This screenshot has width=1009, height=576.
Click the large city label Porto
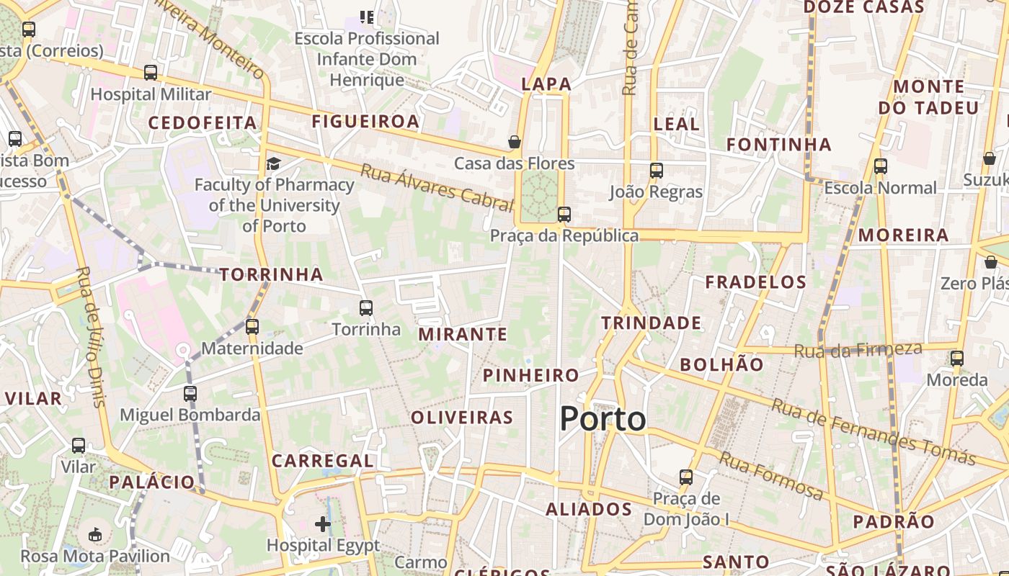pyautogui.click(x=603, y=419)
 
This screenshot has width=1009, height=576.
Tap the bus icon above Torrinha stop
pyautogui.click(x=366, y=308)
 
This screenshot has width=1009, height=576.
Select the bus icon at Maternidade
pyautogui.click(x=252, y=326)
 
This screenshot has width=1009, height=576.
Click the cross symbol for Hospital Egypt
pyautogui.click(x=323, y=523)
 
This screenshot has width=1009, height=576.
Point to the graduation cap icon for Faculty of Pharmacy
pyautogui.click(x=273, y=163)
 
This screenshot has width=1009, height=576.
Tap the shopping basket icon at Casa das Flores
pyautogui.click(x=515, y=142)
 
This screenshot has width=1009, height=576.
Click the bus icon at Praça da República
pyautogui.click(x=564, y=214)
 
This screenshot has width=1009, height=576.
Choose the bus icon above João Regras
pyautogui.click(x=656, y=171)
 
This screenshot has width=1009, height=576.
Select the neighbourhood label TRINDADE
pyautogui.click(x=652, y=323)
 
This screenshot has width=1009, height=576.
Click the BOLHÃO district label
pyautogui.click(x=721, y=364)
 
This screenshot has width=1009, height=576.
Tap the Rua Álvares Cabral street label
pyautogui.click(x=437, y=187)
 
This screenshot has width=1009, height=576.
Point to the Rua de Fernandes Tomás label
pyautogui.click(x=874, y=431)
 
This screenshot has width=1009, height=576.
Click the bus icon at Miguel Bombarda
pyautogui.click(x=190, y=394)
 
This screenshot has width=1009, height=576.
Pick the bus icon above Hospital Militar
pyautogui.click(x=151, y=73)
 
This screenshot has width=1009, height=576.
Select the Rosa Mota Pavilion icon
pyautogui.click(x=95, y=534)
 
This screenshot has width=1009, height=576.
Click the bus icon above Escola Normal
pyautogui.click(x=880, y=166)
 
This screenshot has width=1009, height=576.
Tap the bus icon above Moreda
pyautogui.click(x=956, y=358)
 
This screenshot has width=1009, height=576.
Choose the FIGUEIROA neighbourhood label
pyautogui.click(x=365, y=122)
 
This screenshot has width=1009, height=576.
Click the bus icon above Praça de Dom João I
pyautogui.click(x=686, y=477)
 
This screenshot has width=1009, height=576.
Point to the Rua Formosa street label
pyautogui.click(x=771, y=476)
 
